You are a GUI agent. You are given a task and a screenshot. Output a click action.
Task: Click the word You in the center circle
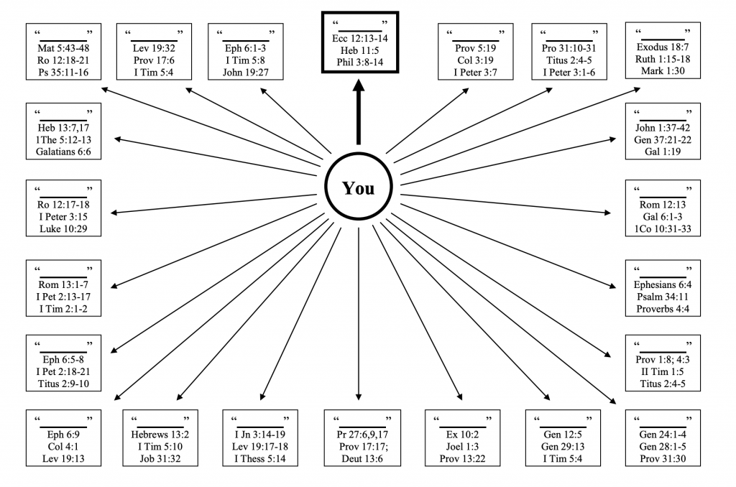pyautogui.click(x=358, y=188)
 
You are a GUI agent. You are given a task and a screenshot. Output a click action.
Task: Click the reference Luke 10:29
pyautogui.click(x=63, y=229)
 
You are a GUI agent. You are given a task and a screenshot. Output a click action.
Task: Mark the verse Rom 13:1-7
pyautogui.click(x=63, y=284)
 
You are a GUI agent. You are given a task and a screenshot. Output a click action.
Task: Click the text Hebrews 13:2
pyautogui.click(x=160, y=434)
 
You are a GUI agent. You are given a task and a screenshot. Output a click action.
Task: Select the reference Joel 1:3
pyautogui.click(x=461, y=446)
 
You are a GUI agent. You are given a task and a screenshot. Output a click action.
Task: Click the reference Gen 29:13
pyautogui.click(x=562, y=446)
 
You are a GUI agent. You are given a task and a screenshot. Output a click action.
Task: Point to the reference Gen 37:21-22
pyautogui.click(x=662, y=139)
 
